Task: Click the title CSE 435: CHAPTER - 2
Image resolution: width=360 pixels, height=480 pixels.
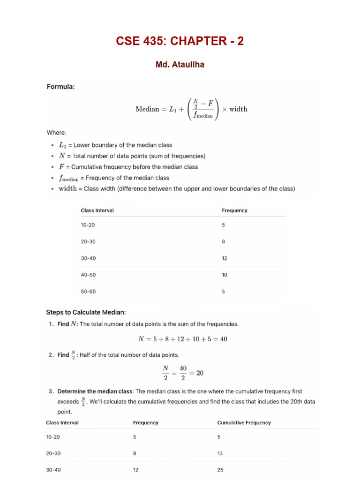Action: click(x=180, y=41)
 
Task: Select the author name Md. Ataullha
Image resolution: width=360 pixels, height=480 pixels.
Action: click(x=180, y=65)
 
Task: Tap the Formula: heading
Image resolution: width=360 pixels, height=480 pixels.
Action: click(x=60, y=87)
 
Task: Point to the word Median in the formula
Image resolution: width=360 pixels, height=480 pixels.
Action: click(x=147, y=109)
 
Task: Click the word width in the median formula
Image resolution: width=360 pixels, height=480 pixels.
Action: click(x=238, y=109)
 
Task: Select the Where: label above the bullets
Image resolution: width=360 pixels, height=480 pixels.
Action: click(x=56, y=133)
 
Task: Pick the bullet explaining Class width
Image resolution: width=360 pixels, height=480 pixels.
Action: click(x=177, y=189)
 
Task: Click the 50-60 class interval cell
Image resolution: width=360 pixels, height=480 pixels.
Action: click(x=88, y=292)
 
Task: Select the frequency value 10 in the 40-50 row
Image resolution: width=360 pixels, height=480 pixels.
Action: click(x=225, y=275)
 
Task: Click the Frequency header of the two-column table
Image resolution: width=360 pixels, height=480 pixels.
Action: click(x=234, y=210)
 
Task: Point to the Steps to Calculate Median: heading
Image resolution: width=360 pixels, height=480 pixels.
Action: click(x=86, y=312)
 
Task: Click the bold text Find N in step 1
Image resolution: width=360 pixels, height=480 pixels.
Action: click(x=66, y=324)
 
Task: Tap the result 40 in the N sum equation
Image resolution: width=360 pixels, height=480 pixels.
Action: click(x=223, y=339)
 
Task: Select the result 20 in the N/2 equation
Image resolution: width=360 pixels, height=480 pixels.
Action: click(x=200, y=374)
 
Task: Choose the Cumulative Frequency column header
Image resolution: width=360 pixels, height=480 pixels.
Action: click(x=244, y=423)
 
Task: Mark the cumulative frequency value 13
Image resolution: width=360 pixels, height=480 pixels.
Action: click(x=220, y=454)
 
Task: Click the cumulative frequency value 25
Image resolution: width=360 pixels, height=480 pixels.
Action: click(x=220, y=470)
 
